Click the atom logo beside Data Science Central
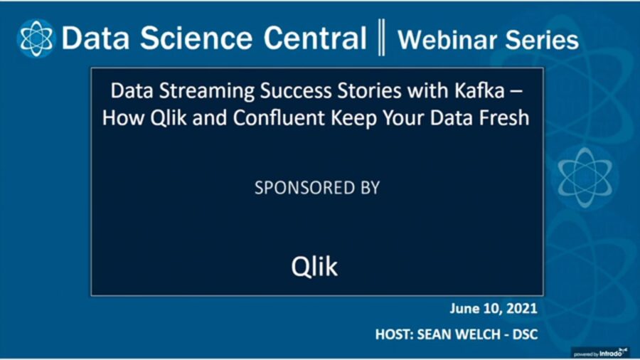point(36,38)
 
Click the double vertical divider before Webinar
point(382,38)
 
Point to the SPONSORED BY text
point(316,188)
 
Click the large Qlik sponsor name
point(314,266)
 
